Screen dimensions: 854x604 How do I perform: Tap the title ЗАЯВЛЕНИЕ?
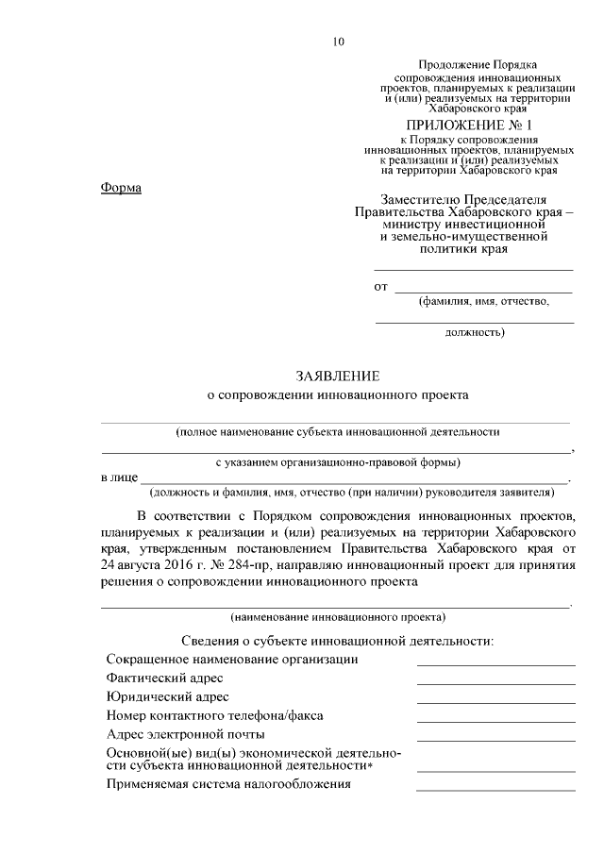coord(337,377)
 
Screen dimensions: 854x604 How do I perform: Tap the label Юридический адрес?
coord(168,697)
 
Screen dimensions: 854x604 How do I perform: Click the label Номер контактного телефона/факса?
coord(215,716)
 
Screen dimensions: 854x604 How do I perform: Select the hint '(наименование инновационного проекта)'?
coord(338,618)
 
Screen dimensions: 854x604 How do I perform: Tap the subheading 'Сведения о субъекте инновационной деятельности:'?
coord(338,641)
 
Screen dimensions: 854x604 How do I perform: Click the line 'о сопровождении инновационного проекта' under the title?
coord(337,396)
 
